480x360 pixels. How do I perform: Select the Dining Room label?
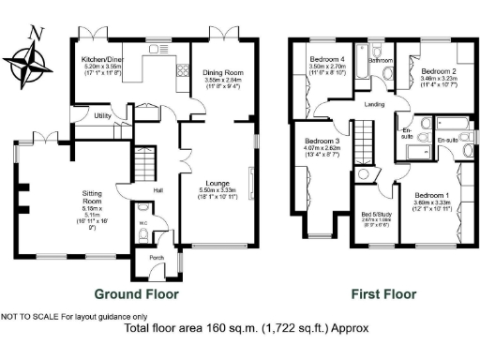tap(222, 72)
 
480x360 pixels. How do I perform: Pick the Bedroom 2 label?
tap(438, 71)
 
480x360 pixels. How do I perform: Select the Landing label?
tap(375, 104)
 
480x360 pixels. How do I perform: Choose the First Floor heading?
tap(383, 293)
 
